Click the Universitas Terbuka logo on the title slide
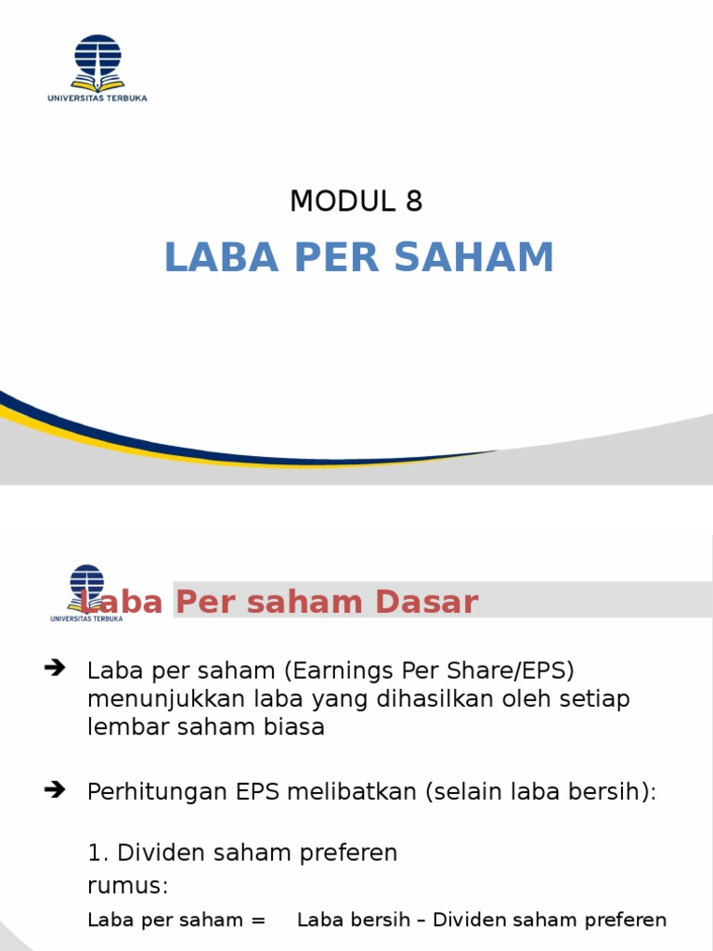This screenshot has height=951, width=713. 97,68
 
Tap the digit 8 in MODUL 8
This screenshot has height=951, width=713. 414,201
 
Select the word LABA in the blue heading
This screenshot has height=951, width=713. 221,256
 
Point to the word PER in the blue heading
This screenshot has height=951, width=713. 336,256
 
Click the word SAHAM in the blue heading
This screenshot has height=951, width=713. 474,256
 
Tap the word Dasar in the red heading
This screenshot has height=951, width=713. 427,602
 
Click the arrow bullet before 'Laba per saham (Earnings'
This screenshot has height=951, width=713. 55,669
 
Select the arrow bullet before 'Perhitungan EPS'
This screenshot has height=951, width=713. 55,789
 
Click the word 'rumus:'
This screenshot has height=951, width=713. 128,886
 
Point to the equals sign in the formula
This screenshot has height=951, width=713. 258,920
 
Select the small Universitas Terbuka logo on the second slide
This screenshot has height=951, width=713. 86,593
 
